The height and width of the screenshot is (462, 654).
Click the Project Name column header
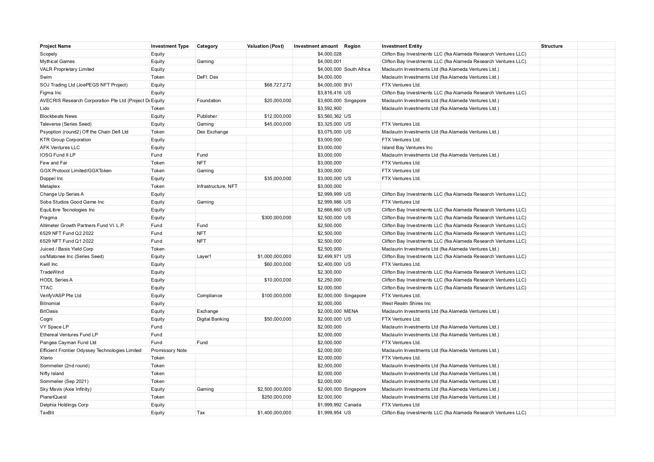tap(55, 46)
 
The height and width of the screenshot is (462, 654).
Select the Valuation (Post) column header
tap(265, 46)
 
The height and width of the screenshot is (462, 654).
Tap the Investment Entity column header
tap(402, 46)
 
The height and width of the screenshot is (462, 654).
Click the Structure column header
tap(551, 46)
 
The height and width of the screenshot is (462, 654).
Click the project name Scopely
tap(48, 54)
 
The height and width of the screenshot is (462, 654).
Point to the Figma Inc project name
tap(51, 93)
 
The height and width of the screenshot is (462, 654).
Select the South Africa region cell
tap(357, 69)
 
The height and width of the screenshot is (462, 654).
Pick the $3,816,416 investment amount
tap(329, 93)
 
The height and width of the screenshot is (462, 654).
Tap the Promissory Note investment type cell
tap(169, 351)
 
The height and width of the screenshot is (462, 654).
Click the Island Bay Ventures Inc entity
tap(407, 148)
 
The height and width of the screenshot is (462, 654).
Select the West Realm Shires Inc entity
tap(406, 304)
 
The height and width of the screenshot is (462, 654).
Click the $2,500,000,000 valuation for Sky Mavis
tap(274, 389)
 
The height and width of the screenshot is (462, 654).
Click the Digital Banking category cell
tap(213, 319)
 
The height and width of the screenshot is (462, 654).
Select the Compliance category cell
tap(209, 296)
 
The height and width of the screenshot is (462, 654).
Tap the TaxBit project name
tap(47, 413)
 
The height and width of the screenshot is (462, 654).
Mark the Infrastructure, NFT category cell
tap(217, 186)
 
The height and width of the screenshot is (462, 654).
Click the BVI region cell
tap(348, 85)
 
